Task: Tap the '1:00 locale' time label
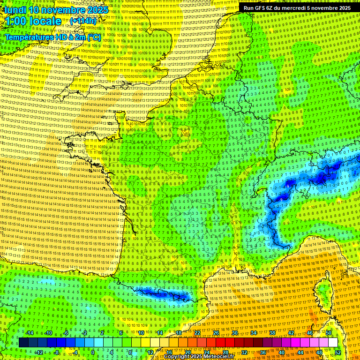tap(31, 21)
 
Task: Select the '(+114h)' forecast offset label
tap(83, 21)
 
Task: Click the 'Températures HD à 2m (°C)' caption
tap(52, 37)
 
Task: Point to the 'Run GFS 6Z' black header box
tap(297, 8)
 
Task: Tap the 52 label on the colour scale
tap(338, 352)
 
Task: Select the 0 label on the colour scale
tap(93, 352)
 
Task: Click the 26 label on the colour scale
tap(216, 333)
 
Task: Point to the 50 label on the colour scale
tap(329, 333)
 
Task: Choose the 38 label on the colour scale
tap(272, 333)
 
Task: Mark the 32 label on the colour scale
tap(244, 352)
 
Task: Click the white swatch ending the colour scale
tap(333, 343)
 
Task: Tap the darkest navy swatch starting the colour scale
tap(23, 343)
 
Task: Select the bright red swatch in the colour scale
tap(220, 343)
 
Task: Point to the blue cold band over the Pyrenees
tap(162, 294)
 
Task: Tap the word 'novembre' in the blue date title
tap(65, 10)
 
